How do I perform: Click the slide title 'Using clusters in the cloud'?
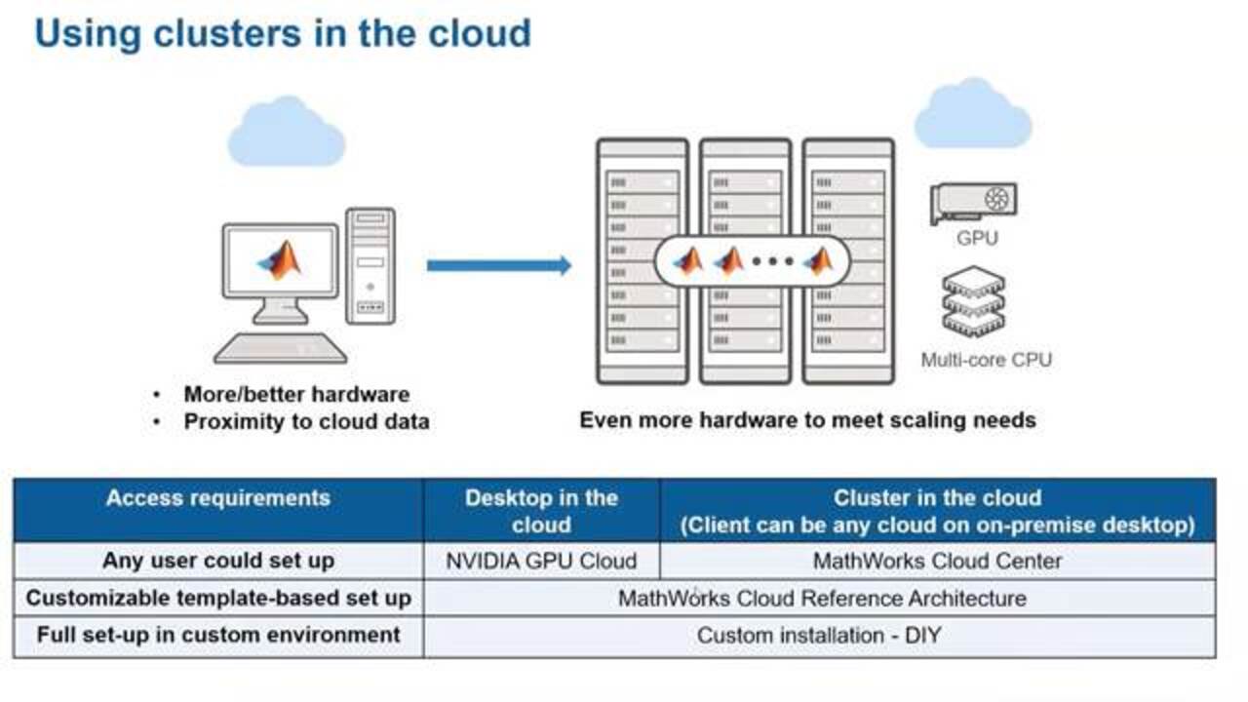[x=283, y=33]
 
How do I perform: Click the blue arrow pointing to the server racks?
[x=498, y=265]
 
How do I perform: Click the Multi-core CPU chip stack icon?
[x=973, y=303]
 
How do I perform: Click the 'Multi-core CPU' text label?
[x=986, y=360]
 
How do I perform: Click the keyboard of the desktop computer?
[x=280, y=347]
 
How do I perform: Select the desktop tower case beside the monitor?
[x=370, y=265]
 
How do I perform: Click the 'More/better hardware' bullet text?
[x=296, y=395]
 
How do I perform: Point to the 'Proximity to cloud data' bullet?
[x=306, y=422]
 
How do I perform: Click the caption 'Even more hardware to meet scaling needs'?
[x=807, y=420]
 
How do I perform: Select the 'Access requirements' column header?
[x=218, y=498]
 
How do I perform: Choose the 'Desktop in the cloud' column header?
[x=541, y=510]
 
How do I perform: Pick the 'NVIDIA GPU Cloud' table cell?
[x=541, y=561]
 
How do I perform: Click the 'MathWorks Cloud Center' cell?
[x=937, y=561]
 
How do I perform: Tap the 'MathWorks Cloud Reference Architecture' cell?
[x=821, y=598]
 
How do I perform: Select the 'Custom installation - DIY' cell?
[x=819, y=636]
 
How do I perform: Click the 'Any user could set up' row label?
[x=218, y=561]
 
